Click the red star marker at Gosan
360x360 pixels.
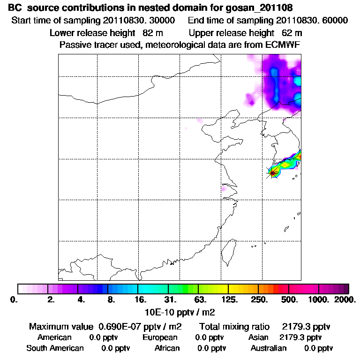point(273,172)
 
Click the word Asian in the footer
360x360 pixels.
point(258,337)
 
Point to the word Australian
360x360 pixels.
point(269,348)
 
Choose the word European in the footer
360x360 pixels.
point(160,337)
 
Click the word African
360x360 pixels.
point(167,348)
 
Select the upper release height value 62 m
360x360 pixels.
point(292,33)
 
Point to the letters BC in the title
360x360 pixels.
point(15,8)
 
